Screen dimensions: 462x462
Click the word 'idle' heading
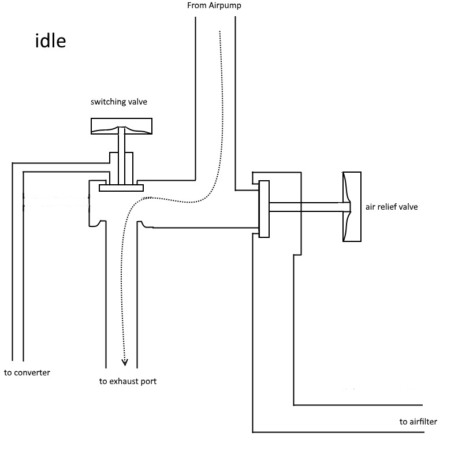tap(50, 40)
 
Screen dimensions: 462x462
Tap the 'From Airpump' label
tap(214, 6)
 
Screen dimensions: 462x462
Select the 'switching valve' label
tap(119, 102)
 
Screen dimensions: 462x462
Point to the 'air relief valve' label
tap(392, 207)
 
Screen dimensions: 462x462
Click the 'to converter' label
tap(27, 372)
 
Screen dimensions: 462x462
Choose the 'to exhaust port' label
tap(128, 381)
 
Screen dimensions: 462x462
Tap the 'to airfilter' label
tap(418, 422)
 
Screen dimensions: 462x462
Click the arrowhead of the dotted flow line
tap(125, 362)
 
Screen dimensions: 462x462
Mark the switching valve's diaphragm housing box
tap(121, 126)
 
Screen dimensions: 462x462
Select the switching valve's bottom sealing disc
tap(121, 188)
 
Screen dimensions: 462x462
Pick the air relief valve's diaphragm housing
tap(352, 207)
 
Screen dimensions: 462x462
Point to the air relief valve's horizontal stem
tap(310, 207)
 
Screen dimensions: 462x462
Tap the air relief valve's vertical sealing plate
tap(264, 209)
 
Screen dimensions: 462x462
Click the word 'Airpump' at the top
tap(225, 6)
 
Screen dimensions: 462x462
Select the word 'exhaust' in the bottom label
tap(126, 381)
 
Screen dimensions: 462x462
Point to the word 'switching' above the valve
tap(109, 102)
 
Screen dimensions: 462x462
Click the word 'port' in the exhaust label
tap(149, 382)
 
